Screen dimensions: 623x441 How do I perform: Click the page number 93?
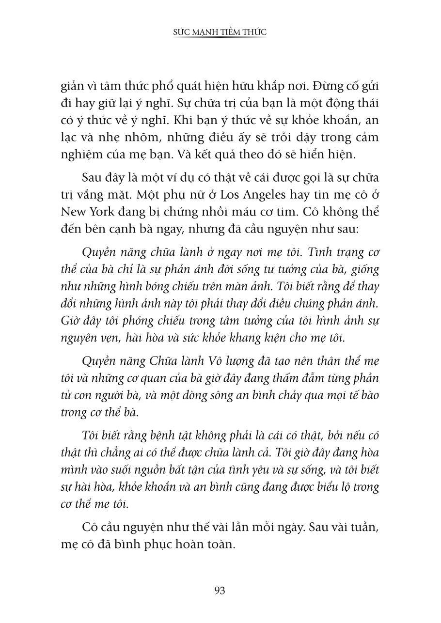point(220,591)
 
